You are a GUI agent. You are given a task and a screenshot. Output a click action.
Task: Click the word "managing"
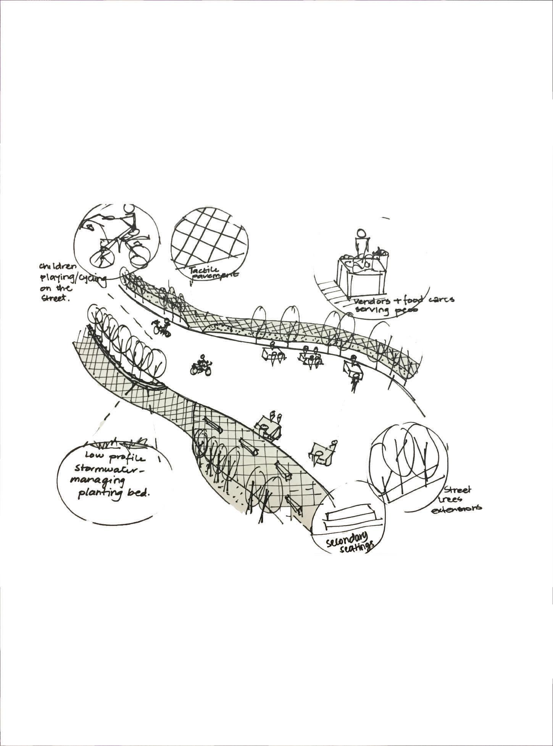coord(98,481)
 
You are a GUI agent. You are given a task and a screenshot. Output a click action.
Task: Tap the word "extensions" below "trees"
coord(456,508)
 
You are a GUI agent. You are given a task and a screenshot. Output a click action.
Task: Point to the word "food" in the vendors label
coord(412,300)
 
